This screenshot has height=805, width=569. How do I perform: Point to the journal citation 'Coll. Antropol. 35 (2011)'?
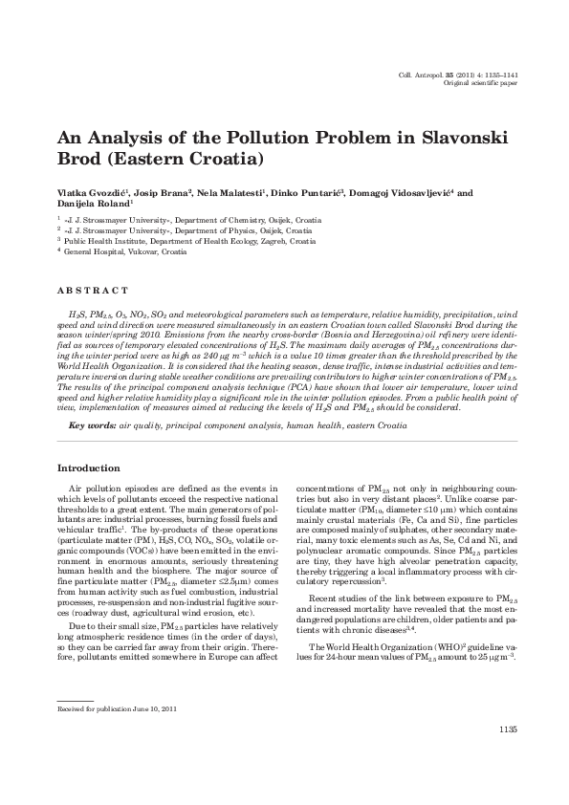click(x=441, y=75)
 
